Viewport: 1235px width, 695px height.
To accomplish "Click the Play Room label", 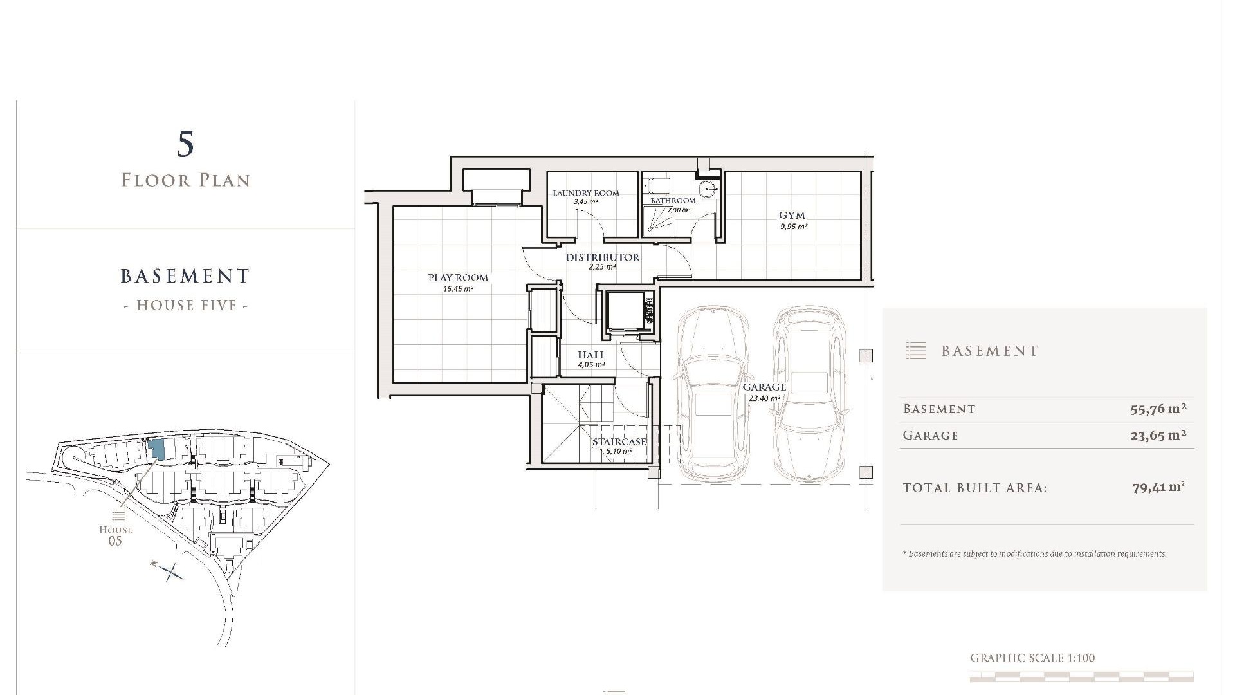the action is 458,278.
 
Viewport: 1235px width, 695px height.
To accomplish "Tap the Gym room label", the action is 792,216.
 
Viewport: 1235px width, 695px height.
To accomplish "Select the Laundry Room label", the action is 586,193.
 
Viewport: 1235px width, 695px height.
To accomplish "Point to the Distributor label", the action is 603,257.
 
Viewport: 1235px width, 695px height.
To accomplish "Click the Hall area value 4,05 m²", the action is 591,365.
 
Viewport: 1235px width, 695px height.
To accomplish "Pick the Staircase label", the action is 619,442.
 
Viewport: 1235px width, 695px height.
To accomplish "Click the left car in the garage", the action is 713,394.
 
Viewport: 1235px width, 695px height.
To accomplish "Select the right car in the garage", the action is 809,394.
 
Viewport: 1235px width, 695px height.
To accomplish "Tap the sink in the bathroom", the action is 709,190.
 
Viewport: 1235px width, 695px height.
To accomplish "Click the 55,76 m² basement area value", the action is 1158,409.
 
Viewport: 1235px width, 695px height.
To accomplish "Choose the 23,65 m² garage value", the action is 1158,435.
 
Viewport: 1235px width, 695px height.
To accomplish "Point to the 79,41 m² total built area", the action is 1158,488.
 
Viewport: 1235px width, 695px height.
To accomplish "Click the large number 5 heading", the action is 185,144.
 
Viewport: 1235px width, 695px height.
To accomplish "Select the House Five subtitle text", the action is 186,305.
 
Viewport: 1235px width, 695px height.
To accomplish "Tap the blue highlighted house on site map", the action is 156,449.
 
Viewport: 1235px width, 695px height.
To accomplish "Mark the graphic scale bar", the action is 1081,676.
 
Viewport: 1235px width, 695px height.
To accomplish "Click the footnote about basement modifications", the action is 1034,553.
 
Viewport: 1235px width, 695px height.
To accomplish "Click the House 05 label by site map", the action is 116,535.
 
